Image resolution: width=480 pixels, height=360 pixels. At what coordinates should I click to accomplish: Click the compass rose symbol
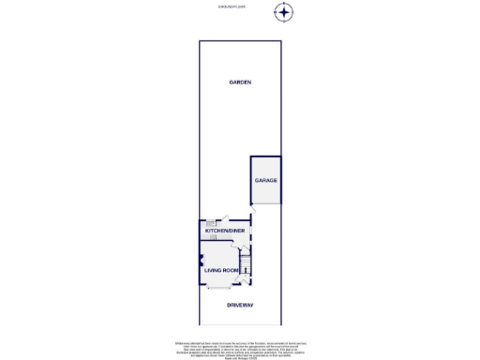(x=284, y=12)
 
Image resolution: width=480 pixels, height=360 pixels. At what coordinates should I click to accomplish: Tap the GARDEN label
(x=240, y=82)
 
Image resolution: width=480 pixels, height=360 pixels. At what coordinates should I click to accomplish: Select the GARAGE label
(x=265, y=180)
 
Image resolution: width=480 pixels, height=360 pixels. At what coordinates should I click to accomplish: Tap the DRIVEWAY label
(x=241, y=306)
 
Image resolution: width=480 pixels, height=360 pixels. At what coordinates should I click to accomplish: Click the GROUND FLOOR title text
(x=231, y=6)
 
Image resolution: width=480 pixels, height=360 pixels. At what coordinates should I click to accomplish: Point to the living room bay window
(x=218, y=288)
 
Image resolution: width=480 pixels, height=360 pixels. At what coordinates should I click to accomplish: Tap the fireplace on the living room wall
(x=202, y=261)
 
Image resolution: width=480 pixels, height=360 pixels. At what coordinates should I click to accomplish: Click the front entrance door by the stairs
(x=246, y=279)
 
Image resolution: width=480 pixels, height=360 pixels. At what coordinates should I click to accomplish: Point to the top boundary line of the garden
(x=240, y=41)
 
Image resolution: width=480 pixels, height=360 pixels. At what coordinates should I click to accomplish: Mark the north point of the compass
(x=284, y=4)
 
